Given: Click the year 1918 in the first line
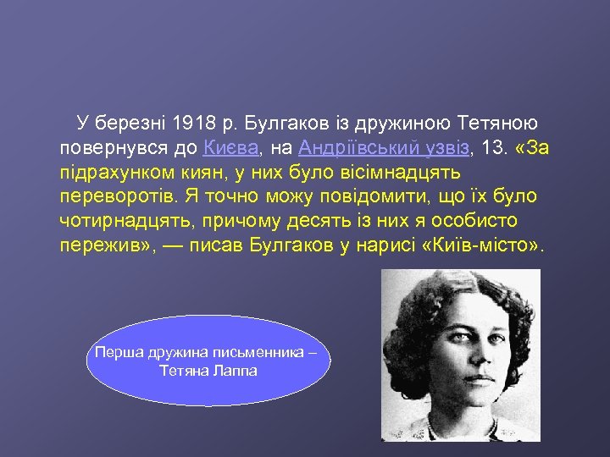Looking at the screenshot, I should tap(197, 124).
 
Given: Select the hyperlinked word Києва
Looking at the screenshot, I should tap(230, 148).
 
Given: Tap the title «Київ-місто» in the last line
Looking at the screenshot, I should tap(491, 246).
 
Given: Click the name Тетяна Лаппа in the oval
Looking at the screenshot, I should tap(208, 371).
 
